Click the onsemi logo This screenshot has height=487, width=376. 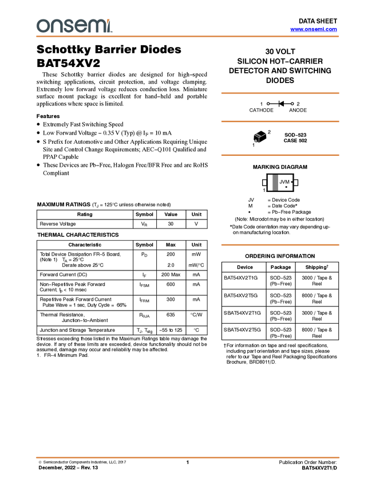point(74,26)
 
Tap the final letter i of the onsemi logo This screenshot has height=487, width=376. point(109,28)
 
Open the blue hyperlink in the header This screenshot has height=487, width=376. point(314,29)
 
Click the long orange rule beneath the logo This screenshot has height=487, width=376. point(188,37)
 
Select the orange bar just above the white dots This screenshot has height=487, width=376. point(280,93)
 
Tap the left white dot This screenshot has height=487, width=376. point(268,104)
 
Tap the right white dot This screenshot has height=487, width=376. point(292,104)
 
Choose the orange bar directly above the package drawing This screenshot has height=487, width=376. point(280,121)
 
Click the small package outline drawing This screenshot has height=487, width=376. point(259,138)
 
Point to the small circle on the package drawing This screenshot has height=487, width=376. point(255,140)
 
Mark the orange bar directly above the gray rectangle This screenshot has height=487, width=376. point(280,155)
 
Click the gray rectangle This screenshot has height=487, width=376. point(275,182)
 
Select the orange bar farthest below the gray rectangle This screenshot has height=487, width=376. point(280,245)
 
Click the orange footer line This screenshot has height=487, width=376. point(188,458)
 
